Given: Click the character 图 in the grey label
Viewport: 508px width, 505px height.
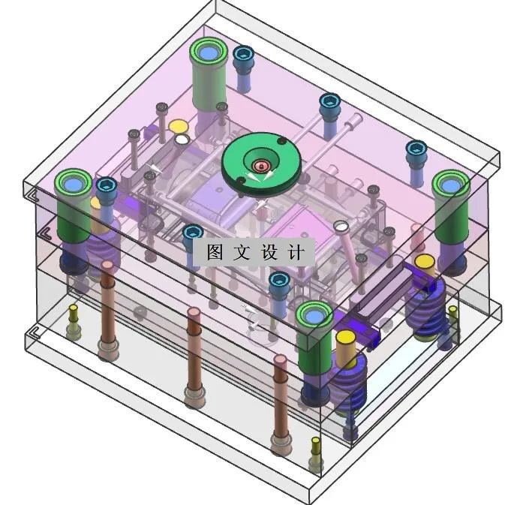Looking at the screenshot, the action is tap(215, 251).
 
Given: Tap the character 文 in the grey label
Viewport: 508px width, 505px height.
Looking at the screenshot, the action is tap(242, 251).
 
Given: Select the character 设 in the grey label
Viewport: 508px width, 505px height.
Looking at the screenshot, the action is tap(269, 251).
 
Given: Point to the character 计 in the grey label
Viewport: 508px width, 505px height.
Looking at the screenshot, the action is tap(296, 251).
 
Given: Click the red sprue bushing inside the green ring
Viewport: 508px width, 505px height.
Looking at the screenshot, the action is tap(261, 166).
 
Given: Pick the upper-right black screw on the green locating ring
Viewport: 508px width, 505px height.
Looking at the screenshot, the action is tap(282, 141).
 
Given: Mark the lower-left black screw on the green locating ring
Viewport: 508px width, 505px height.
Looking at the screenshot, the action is tap(240, 180).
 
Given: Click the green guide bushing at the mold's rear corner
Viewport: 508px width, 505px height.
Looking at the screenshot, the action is tap(209, 74).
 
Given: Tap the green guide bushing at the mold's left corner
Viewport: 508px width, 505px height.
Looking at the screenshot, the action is tap(74, 204).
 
